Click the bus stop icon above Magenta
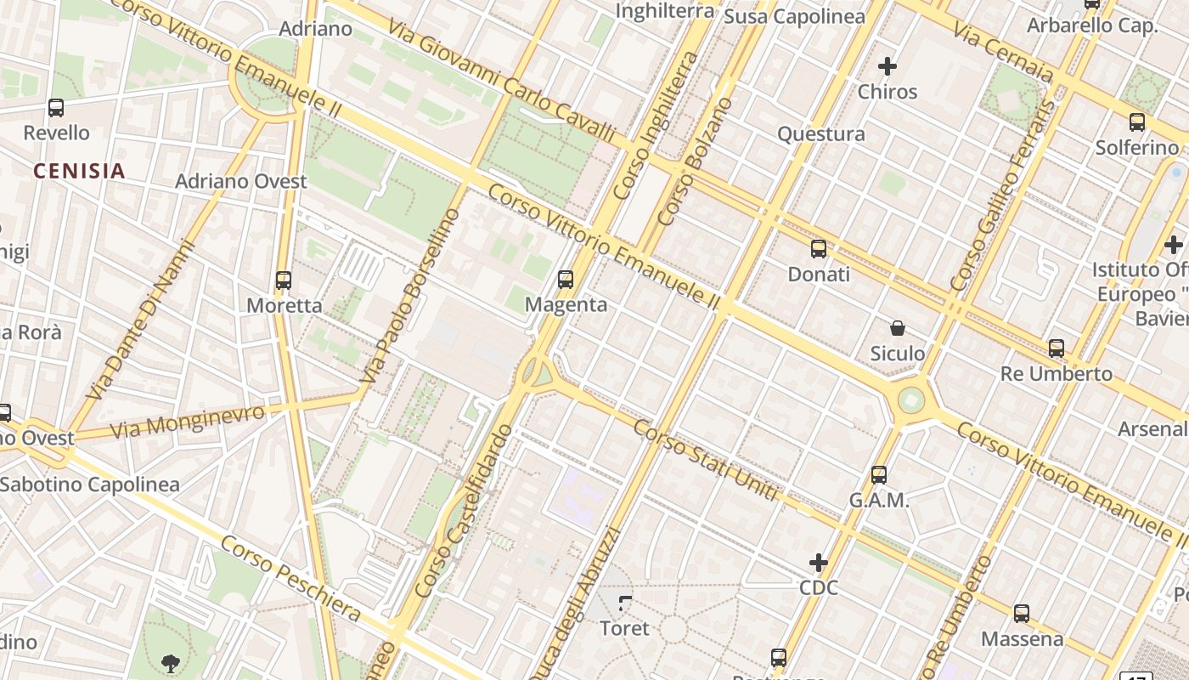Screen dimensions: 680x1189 [x=566, y=279]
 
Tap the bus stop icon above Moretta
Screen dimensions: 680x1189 [x=284, y=280]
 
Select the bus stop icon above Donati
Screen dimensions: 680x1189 [x=819, y=249]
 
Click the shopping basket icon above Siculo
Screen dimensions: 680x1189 [x=898, y=327]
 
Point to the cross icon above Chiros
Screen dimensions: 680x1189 [x=888, y=65]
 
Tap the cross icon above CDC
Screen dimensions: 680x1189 [x=819, y=562]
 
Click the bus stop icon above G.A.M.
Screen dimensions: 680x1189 [x=879, y=475]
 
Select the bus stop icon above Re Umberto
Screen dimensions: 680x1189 [x=1057, y=348]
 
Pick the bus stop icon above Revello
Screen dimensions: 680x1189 [x=56, y=108]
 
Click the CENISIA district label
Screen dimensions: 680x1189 [x=79, y=171]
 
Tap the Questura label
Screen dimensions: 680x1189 [x=821, y=133]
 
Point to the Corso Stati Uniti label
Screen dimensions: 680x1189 [x=706, y=460]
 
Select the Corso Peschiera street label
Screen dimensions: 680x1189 [x=290, y=578]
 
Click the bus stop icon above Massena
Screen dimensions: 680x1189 [x=1022, y=613]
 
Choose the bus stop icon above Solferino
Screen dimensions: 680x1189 [x=1137, y=122]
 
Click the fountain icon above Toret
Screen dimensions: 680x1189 [x=625, y=603]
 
